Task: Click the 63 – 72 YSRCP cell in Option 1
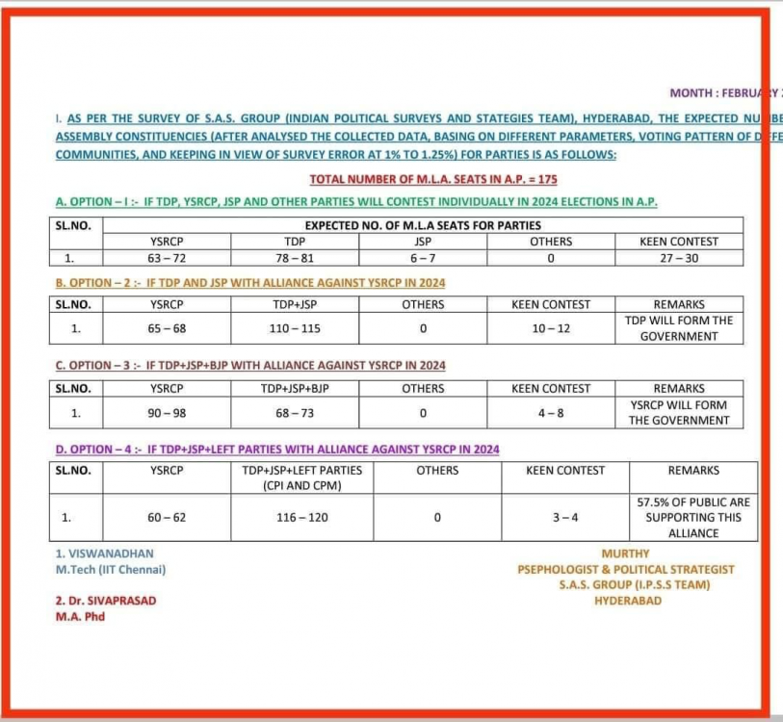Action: click(x=167, y=258)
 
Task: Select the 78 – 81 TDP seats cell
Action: click(x=295, y=258)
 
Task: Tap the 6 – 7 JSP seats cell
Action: click(x=423, y=258)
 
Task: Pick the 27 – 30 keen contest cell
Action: click(x=678, y=258)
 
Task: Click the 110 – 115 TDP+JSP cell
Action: click(x=295, y=328)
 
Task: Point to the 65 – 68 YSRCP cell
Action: click(x=167, y=328)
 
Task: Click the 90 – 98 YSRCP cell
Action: click(x=167, y=413)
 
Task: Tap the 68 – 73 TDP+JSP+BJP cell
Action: click(x=295, y=413)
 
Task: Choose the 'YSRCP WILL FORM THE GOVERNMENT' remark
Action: click(x=679, y=413)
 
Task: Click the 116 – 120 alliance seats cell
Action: click(x=303, y=517)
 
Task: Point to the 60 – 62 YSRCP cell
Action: click(x=167, y=517)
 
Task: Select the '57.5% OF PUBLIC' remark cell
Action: click(x=692, y=517)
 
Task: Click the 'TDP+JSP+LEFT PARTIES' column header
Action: click(x=303, y=477)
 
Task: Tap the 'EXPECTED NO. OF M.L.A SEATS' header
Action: click(x=423, y=225)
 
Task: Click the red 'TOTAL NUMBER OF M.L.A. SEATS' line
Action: click(x=433, y=179)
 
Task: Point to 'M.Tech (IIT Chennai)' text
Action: click(x=111, y=569)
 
